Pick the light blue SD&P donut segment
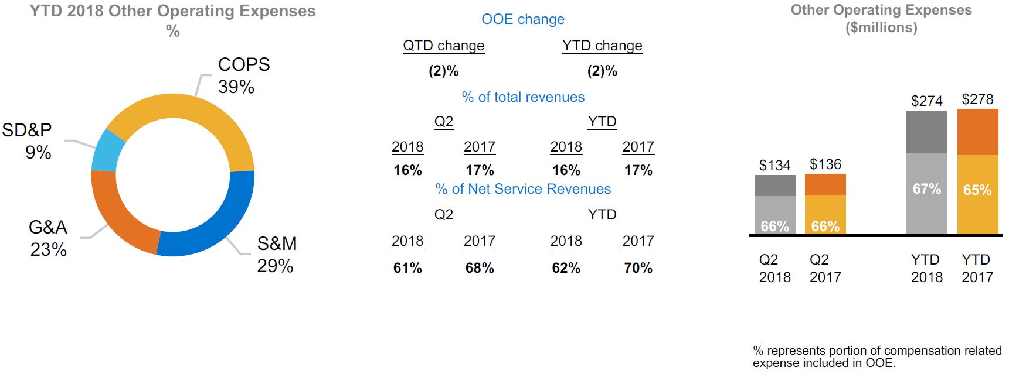click(x=107, y=149)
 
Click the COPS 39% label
click(x=243, y=76)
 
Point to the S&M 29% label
click(x=277, y=255)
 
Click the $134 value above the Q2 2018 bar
click(x=774, y=166)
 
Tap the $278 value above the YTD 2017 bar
click(x=977, y=99)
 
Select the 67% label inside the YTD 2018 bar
click(x=926, y=189)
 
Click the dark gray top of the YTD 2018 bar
click(x=926, y=132)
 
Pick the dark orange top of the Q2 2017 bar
click(x=825, y=185)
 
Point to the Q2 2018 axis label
click(x=774, y=268)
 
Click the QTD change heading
click(x=443, y=46)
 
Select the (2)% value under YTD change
click(x=602, y=71)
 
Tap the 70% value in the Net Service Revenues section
click(x=638, y=268)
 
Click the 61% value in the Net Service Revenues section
click(x=407, y=268)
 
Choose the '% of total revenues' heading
click(x=523, y=97)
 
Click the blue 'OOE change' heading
click(x=523, y=19)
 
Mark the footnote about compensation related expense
click(x=877, y=356)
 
